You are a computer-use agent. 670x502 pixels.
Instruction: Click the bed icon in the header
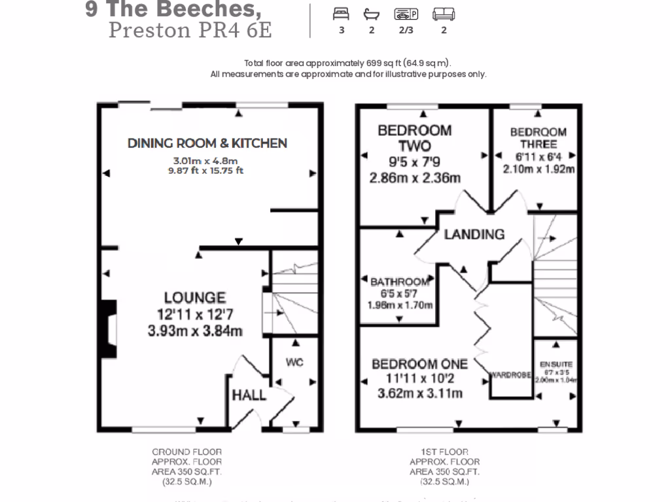coord(342,14)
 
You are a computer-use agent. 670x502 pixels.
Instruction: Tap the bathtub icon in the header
coord(372,14)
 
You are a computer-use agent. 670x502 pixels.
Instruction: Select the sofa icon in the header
coord(444,14)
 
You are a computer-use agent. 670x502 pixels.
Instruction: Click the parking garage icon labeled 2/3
coord(406,14)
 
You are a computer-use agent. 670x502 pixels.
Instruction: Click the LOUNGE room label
coord(194,298)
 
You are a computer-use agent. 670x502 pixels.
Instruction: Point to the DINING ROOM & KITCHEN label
coord(207,143)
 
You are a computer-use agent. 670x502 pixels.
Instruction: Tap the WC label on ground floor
coord(294,363)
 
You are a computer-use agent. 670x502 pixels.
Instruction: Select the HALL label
coord(249,395)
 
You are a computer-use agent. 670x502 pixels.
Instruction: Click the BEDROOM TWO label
coord(414,138)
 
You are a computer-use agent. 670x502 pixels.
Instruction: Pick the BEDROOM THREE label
coord(538,138)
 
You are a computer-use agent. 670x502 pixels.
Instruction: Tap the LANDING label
coord(474,234)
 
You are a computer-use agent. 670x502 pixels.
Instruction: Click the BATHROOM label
coord(400,282)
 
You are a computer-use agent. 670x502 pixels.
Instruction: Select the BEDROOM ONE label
coord(419,364)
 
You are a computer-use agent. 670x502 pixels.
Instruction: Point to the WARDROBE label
coord(510,375)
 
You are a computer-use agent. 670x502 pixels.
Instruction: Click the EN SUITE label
coord(555,363)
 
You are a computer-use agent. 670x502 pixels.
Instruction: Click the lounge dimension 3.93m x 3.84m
coord(195,331)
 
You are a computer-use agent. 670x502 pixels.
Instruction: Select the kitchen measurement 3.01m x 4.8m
coord(205,161)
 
